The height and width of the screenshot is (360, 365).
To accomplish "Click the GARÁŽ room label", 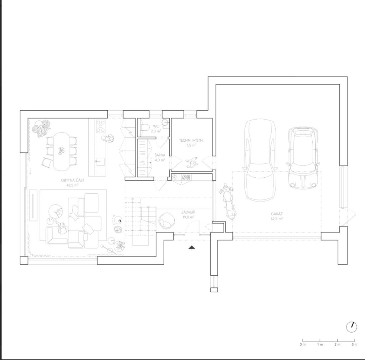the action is pyautogui.click(x=277, y=214).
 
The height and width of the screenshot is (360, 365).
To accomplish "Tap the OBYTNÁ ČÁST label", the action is pyautogui.click(x=72, y=180).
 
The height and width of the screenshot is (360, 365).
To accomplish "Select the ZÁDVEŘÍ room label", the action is pyautogui.click(x=188, y=212).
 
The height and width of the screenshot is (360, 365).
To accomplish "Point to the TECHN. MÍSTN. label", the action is pyautogui.click(x=191, y=140).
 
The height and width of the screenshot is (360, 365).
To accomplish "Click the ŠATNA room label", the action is pyautogui.click(x=160, y=155).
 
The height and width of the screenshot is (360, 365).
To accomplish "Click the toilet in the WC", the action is pyautogui.click(x=145, y=127).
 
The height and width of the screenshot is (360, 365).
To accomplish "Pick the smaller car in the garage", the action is pyautogui.click(x=303, y=158).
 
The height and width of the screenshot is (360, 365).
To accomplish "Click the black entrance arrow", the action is pyautogui.click(x=191, y=248).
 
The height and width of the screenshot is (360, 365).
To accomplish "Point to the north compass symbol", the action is pyautogui.click(x=351, y=327).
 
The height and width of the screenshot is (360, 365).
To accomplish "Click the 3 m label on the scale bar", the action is pyautogui.click(x=354, y=344).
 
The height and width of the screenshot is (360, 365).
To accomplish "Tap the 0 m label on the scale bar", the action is pyautogui.click(x=302, y=344).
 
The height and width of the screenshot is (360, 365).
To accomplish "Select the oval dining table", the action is pyautogui.click(x=61, y=152).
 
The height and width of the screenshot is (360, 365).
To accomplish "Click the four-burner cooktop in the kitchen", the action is pyautogui.click(x=101, y=126).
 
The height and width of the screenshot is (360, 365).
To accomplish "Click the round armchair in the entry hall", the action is pyautogui.click(x=167, y=220).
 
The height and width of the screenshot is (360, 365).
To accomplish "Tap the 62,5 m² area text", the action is pyautogui.click(x=277, y=219).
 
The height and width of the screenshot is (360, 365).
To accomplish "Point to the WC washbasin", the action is pyautogui.click(x=165, y=122).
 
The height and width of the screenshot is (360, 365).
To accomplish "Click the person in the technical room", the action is pyautogui.click(x=192, y=162).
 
